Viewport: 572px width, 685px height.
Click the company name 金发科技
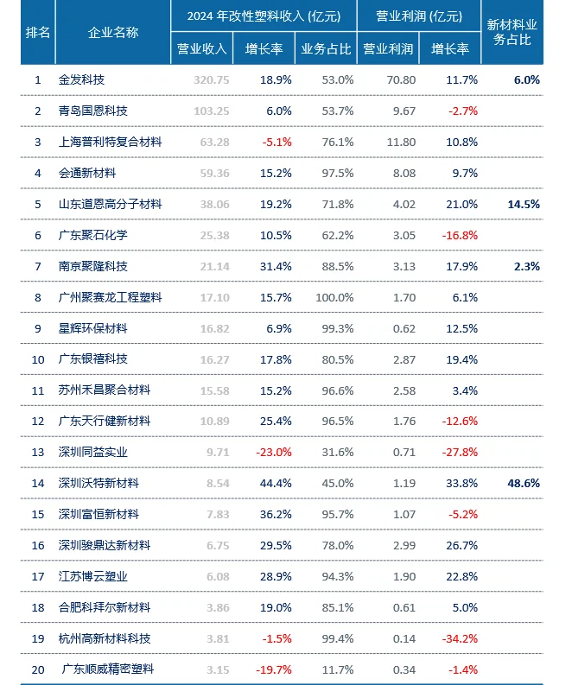[x=81, y=79]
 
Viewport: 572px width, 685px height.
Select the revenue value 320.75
[x=212, y=79]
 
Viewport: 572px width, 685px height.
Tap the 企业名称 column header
[x=113, y=32]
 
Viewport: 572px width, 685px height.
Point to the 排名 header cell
[x=38, y=32]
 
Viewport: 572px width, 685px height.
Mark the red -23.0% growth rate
[x=274, y=452]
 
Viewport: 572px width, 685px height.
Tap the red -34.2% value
[x=460, y=638]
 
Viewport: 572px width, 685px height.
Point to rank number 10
[x=38, y=359]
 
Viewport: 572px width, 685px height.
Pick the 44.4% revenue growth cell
[x=276, y=483]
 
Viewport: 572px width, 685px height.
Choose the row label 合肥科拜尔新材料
[x=104, y=607]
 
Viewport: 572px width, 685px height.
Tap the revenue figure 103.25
[x=212, y=111]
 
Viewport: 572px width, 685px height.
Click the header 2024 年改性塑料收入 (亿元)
[x=263, y=16]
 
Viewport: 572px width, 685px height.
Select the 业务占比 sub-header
[x=326, y=49]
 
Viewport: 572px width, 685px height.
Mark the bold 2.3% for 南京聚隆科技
[x=526, y=266]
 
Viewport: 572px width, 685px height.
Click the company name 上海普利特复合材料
[x=110, y=142]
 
